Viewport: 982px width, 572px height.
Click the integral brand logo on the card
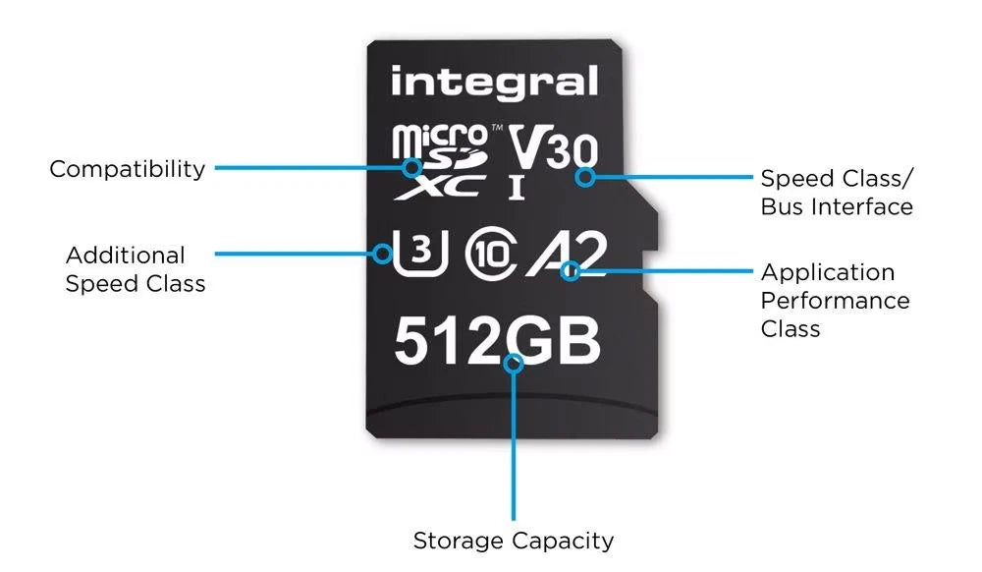[x=494, y=83]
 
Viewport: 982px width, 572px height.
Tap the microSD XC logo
[x=440, y=161]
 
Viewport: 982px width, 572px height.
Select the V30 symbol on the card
[x=553, y=147]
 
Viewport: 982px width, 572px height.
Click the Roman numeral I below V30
[x=517, y=188]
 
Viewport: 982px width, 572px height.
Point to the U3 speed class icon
[x=420, y=254]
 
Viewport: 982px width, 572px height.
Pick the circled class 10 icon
[x=492, y=254]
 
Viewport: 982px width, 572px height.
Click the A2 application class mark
[x=568, y=254]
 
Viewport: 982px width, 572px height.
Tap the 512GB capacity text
[x=497, y=340]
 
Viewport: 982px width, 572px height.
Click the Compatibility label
[x=127, y=169]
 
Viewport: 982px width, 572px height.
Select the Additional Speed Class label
[x=136, y=269]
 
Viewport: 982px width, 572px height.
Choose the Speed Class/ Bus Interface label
[x=837, y=193]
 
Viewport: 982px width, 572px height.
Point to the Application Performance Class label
[x=835, y=300]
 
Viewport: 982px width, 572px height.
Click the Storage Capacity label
[x=514, y=540]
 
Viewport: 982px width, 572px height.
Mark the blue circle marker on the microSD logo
[x=412, y=167]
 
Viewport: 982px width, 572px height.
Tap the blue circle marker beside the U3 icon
[x=382, y=254]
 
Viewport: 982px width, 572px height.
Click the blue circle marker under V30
[x=585, y=177]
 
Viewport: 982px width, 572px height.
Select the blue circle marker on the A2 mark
[x=570, y=271]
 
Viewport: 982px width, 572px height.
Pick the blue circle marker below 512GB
[x=514, y=364]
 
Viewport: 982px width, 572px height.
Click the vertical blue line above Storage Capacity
[x=514, y=447]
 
